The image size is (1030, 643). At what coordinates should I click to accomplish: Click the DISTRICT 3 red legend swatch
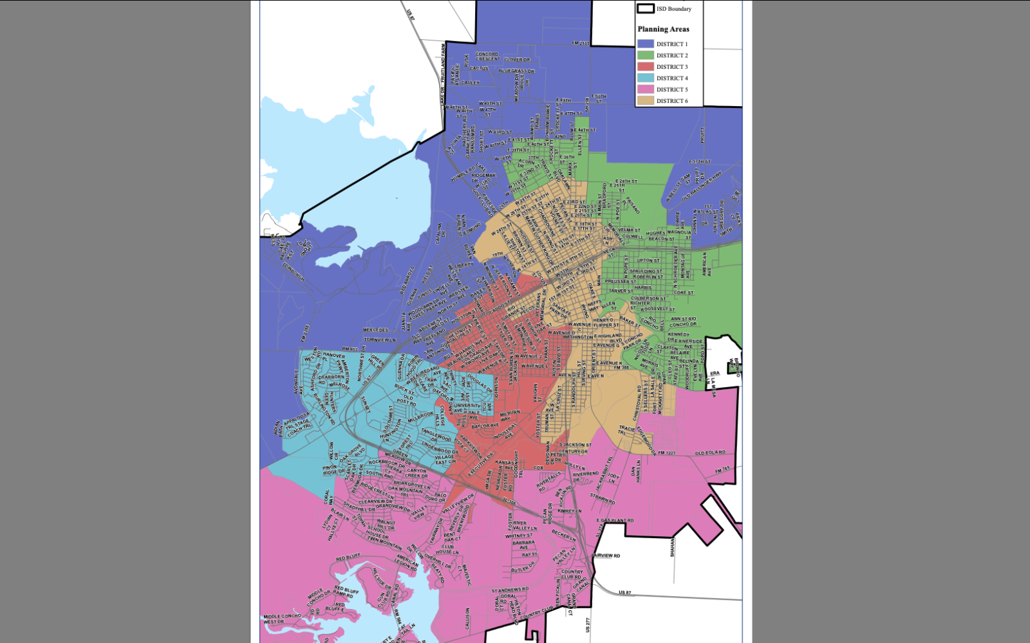coord(645,66)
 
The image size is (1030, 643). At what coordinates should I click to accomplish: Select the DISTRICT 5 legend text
coord(672,89)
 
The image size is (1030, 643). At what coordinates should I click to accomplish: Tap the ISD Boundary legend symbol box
coord(645,8)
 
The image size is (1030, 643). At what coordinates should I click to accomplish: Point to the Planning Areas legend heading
coord(663,29)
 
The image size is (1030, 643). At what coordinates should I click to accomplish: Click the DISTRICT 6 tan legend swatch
coord(645,100)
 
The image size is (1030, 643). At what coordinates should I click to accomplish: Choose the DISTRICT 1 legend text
coord(672,44)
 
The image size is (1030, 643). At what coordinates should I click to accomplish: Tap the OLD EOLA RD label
coord(710,453)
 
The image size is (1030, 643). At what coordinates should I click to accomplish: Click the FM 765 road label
coord(723,470)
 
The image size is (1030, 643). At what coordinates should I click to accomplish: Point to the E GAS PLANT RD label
coord(615,520)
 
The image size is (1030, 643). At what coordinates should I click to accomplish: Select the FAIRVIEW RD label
coord(606,555)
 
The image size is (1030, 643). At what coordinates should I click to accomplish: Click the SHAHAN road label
coord(673,547)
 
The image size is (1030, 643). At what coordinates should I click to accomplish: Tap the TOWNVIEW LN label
coord(380,340)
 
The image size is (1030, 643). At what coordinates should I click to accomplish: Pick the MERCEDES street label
coord(375,330)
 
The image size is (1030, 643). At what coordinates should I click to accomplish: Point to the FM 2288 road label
coord(305,333)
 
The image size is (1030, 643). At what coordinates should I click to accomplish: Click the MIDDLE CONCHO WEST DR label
coord(282,619)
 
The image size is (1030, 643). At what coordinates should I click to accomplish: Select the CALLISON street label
coord(467,618)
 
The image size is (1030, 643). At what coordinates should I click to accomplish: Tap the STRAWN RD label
coord(603,498)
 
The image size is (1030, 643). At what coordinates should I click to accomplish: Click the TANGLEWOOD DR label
coord(437,435)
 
